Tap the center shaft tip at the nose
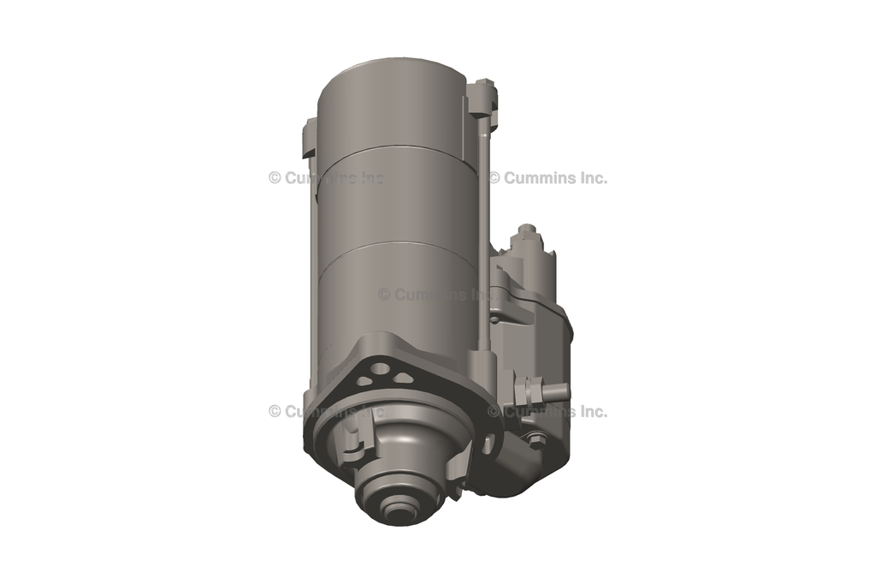click(397, 512)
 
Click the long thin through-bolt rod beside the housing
click(485, 231)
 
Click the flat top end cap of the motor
click(391, 70)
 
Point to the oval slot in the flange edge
click(488, 444)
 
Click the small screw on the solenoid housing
click(495, 320)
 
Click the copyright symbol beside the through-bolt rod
click(494, 178)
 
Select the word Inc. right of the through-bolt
click(589, 178)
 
